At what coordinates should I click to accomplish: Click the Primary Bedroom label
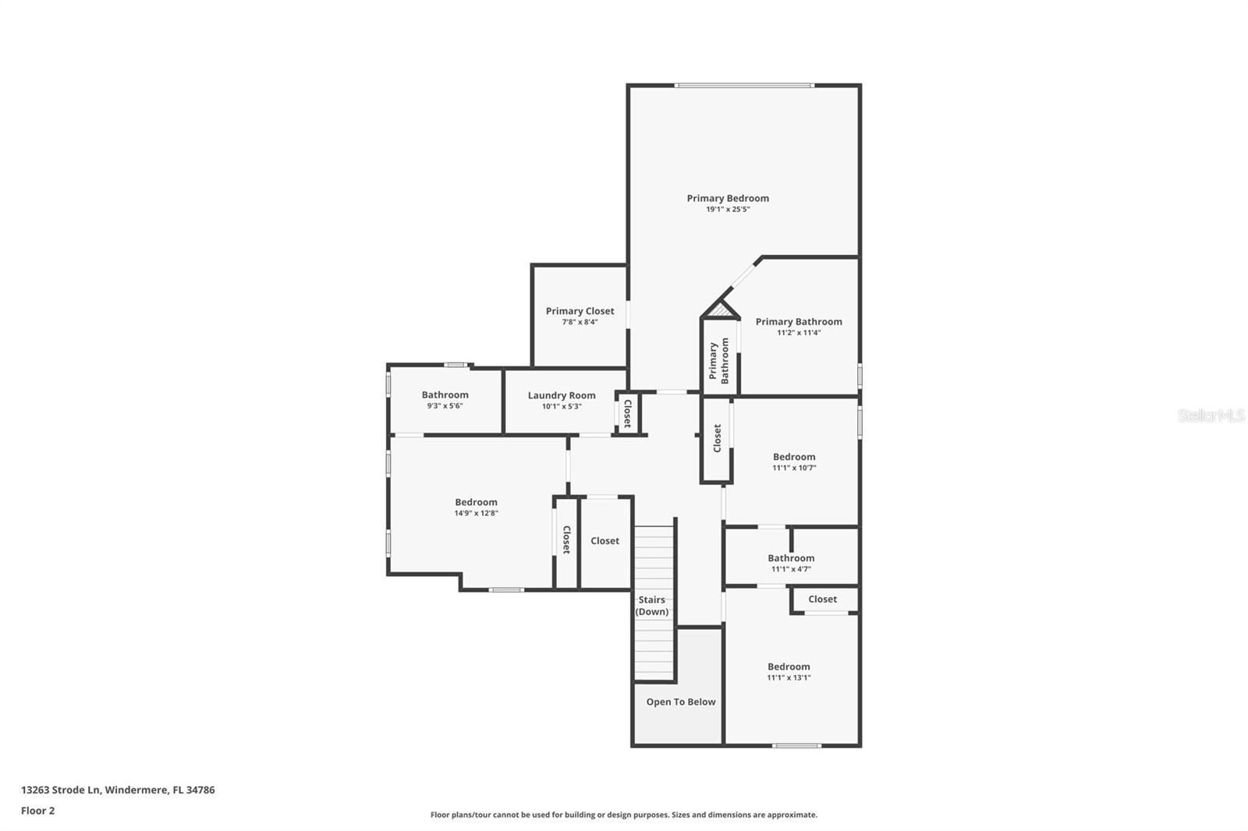(x=728, y=198)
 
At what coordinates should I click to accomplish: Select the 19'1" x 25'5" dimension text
(x=728, y=210)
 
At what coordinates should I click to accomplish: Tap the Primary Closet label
(x=580, y=311)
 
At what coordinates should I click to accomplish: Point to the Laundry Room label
(x=562, y=395)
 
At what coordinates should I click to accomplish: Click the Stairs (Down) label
(x=652, y=606)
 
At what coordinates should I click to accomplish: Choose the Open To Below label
(x=680, y=702)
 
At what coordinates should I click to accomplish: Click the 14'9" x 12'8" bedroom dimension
(x=476, y=514)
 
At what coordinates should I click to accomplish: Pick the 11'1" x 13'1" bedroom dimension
(x=789, y=678)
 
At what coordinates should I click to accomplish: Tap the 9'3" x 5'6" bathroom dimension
(x=445, y=406)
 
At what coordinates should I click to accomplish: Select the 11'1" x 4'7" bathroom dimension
(x=791, y=569)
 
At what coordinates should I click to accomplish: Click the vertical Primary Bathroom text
(x=718, y=360)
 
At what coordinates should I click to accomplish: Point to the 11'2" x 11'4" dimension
(x=799, y=333)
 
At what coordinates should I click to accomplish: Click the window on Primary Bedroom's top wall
(x=744, y=85)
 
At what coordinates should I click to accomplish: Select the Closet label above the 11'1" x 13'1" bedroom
(x=822, y=599)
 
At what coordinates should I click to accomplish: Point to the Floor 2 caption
(x=37, y=811)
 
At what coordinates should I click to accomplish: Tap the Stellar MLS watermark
(x=1211, y=415)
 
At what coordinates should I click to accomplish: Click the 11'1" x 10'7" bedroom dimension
(x=794, y=469)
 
